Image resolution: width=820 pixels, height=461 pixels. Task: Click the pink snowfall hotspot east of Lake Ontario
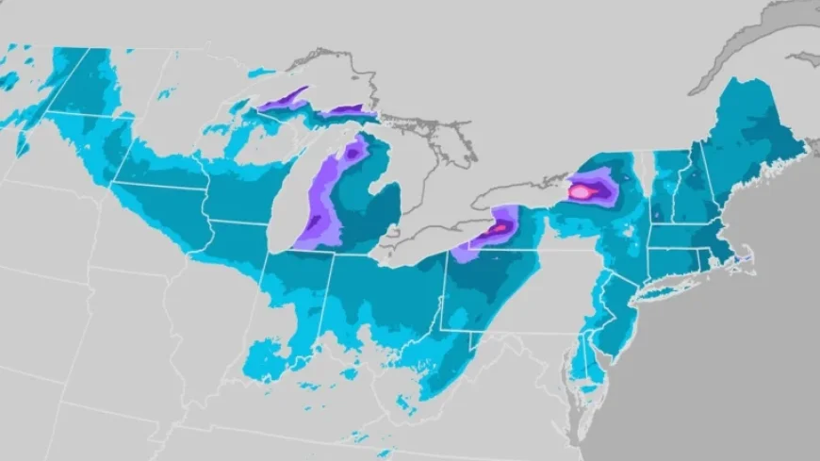pyautogui.click(x=582, y=191)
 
